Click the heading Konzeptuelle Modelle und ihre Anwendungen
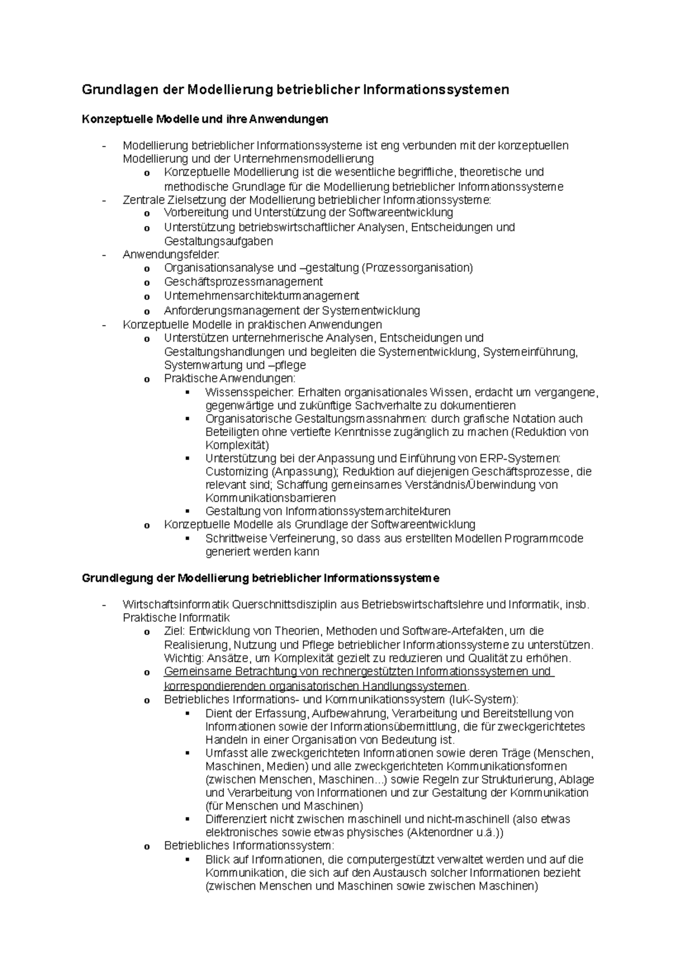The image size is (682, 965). [205, 119]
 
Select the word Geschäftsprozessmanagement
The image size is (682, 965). [243, 282]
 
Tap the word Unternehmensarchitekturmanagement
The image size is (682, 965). [261, 296]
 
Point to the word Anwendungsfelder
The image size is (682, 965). [170, 255]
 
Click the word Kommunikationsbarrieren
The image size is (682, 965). [271, 498]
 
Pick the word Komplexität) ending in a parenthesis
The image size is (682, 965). [237, 445]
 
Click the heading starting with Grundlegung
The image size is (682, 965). [260, 579]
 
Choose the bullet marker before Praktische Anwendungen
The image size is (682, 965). [147, 380]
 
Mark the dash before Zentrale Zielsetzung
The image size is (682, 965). [103, 201]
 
